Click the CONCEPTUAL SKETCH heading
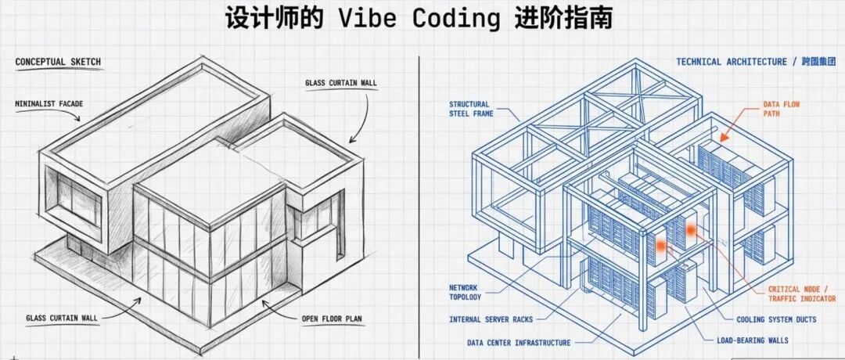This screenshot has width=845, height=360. pyautogui.click(x=58, y=62)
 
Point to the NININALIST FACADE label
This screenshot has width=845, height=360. pyautogui.click(x=49, y=102)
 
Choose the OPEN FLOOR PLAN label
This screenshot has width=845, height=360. pyautogui.click(x=335, y=319)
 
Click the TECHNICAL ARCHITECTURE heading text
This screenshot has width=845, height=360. pyautogui.click(x=732, y=62)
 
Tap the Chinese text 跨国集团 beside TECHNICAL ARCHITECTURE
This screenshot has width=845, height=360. pyautogui.click(x=818, y=62)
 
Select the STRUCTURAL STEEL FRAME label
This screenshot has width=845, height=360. pyautogui.click(x=469, y=110)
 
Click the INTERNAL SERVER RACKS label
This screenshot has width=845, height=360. pyautogui.click(x=491, y=319)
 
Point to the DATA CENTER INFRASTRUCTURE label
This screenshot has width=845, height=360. pyautogui.click(x=519, y=342)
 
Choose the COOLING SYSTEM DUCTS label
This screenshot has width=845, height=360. pyautogui.click(x=776, y=319)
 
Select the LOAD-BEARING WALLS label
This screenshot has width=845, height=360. pyautogui.click(x=753, y=340)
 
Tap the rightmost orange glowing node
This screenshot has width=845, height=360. pyautogui.click(x=692, y=229)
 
